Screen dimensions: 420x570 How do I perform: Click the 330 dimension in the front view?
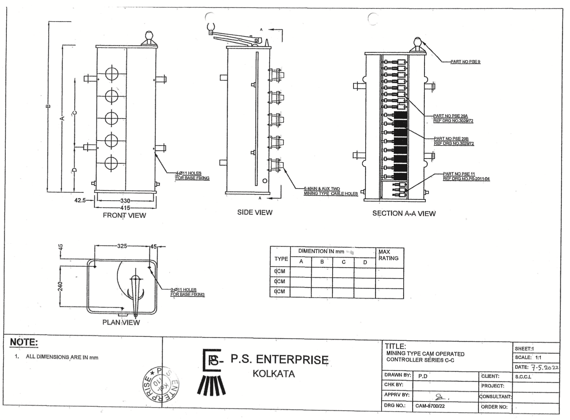[x=125, y=201]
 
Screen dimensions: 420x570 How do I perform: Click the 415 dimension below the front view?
[x=125, y=208]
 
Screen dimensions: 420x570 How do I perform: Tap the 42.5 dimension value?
[x=80, y=200]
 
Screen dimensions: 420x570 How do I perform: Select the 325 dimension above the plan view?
[x=122, y=246]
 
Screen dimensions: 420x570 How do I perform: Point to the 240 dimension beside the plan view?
[x=60, y=286]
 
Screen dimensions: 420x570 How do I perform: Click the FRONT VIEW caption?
[x=124, y=216]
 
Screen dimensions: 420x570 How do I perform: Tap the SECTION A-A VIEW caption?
[x=404, y=214]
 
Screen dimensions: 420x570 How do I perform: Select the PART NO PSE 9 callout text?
[x=465, y=62]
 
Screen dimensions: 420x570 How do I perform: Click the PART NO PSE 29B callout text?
[x=451, y=139]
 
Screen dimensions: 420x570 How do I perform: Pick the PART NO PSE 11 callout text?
[x=459, y=174]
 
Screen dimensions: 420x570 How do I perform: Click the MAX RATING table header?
[x=388, y=255]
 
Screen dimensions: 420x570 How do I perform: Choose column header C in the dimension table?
[x=343, y=262]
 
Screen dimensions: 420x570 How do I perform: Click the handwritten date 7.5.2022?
[x=545, y=368]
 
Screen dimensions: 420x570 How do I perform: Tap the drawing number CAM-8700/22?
[x=430, y=406]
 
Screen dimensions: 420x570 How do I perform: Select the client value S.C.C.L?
[x=523, y=377]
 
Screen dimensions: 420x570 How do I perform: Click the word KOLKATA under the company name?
[x=274, y=374]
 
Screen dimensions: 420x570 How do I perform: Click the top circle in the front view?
[x=111, y=74]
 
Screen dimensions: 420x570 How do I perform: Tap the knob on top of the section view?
[x=417, y=42]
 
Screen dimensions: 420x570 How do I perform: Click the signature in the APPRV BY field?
[x=441, y=396]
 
